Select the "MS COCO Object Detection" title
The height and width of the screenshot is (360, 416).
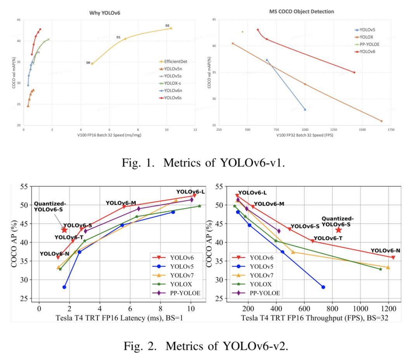[x=302, y=12]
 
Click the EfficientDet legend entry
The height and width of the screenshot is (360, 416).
[x=174, y=61]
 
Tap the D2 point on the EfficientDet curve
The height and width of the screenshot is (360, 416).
[x=171, y=28]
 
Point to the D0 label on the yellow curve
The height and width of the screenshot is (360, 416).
[x=88, y=62]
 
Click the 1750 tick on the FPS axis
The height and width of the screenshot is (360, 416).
[x=391, y=129]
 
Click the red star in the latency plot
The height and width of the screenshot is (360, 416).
[x=64, y=230]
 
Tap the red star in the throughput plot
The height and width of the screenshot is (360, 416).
[x=338, y=230]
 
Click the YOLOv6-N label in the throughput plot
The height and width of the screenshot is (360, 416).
[x=385, y=251]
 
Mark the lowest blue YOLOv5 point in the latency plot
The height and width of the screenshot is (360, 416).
[x=64, y=287]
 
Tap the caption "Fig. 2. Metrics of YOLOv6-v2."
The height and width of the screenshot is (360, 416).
[x=206, y=346]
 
